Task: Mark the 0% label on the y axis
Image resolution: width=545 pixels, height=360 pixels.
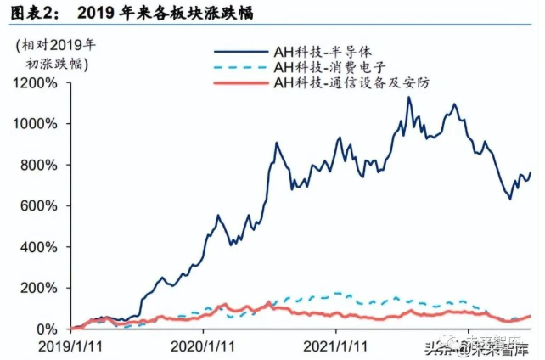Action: [x=46, y=329]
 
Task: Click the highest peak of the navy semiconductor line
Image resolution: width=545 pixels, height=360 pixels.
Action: [x=408, y=98]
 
